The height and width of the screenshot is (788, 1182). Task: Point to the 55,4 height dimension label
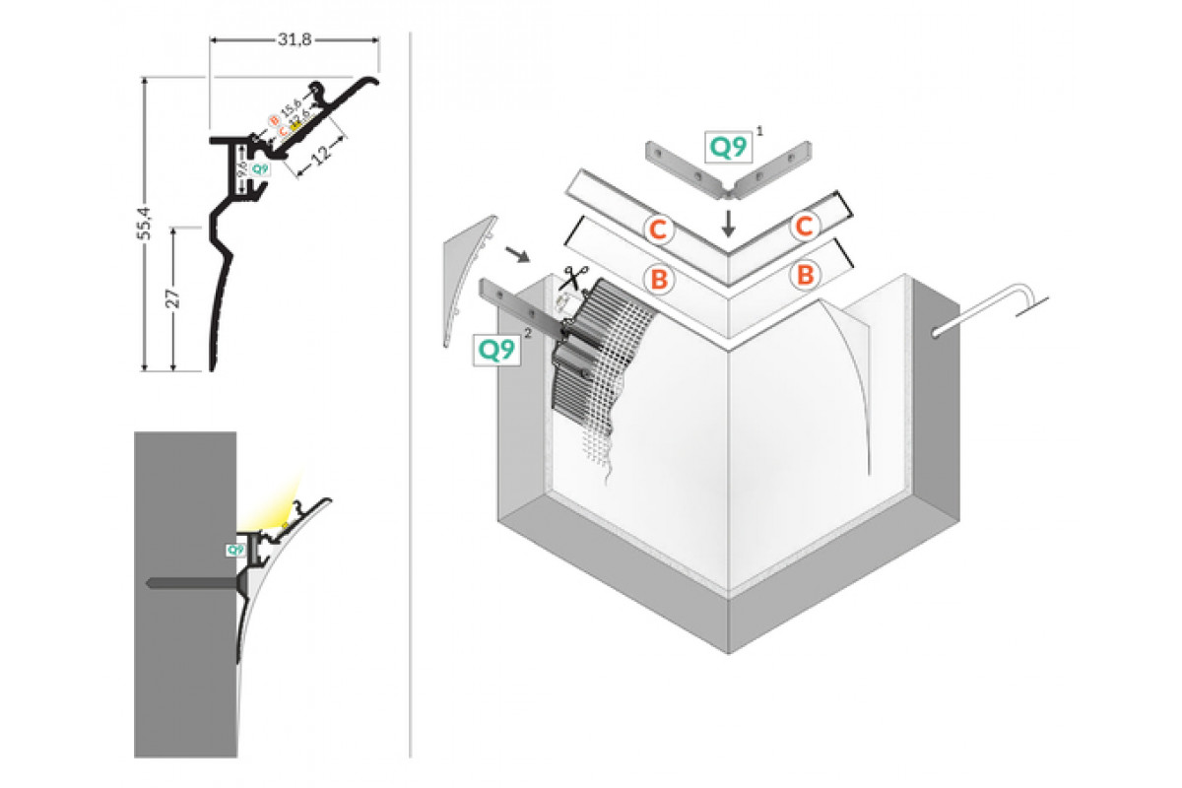point(145,225)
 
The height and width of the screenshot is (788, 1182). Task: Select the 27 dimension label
point(172,298)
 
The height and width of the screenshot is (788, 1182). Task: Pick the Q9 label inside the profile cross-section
point(259,168)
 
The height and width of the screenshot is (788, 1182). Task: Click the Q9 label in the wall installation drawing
point(235,550)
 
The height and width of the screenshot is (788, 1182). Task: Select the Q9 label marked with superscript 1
point(730,147)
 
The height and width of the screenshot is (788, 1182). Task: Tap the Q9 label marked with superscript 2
point(497,350)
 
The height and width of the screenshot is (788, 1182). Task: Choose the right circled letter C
point(804,227)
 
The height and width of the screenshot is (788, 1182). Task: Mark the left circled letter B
point(658,278)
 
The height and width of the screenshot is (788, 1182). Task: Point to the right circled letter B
point(805,275)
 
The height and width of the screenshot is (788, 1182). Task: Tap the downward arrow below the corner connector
point(728,222)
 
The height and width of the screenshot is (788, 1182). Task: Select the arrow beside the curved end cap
point(515,255)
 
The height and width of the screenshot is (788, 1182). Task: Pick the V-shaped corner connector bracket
point(730,167)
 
